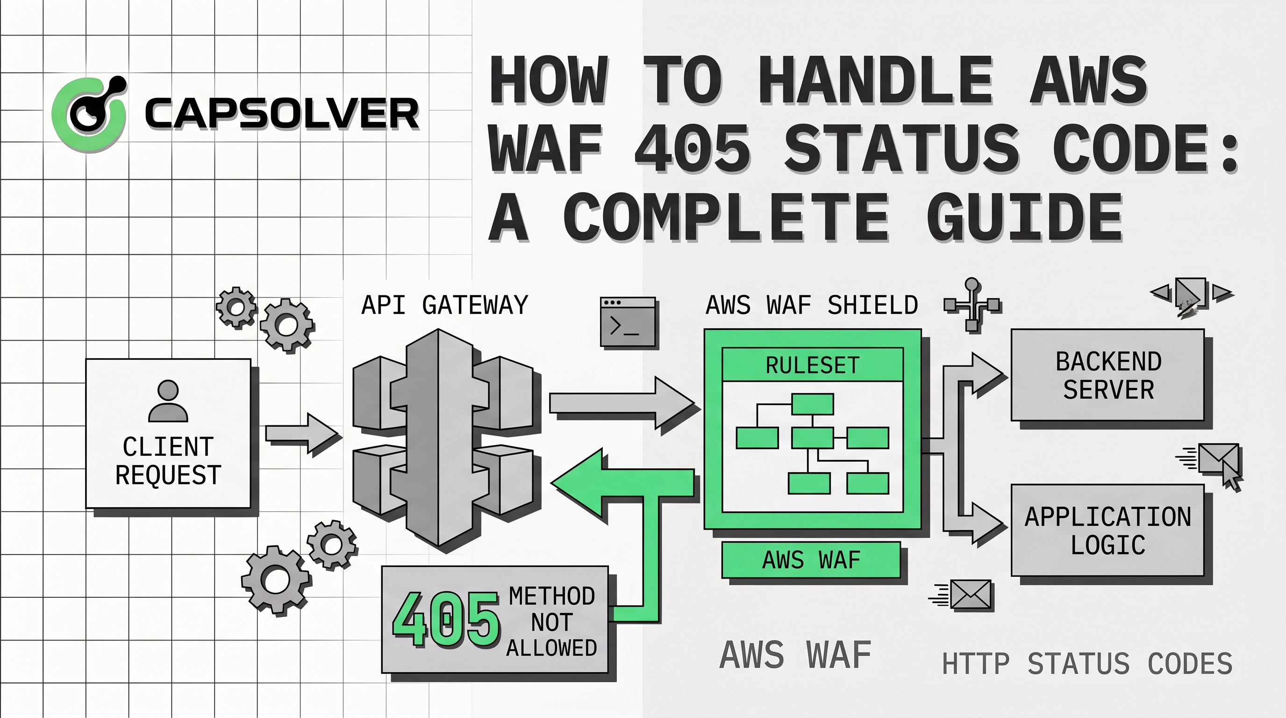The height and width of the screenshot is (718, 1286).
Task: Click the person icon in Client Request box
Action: pyautogui.click(x=168, y=402)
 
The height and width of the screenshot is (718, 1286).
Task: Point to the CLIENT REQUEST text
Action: pyautogui.click(x=168, y=460)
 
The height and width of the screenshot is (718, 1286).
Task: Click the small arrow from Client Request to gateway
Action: pyautogui.click(x=301, y=433)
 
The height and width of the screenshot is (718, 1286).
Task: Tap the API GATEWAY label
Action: pyautogui.click(x=444, y=305)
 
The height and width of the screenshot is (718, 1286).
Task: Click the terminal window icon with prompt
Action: pyautogui.click(x=628, y=322)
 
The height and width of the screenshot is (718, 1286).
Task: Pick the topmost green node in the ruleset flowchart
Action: pyautogui.click(x=812, y=404)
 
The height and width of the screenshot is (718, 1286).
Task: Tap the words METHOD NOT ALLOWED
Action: pyautogui.click(x=551, y=622)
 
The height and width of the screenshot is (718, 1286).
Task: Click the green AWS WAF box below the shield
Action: pyautogui.click(x=811, y=560)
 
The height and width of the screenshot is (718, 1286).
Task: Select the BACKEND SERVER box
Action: pyautogui.click(x=1108, y=375)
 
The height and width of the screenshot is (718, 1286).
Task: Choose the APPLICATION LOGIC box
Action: pyautogui.click(x=1108, y=530)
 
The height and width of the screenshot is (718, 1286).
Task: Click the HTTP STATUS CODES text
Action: pyautogui.click(x=1087, y=664)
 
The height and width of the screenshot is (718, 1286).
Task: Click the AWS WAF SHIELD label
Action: pyautogui.click(x=812, y=305)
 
